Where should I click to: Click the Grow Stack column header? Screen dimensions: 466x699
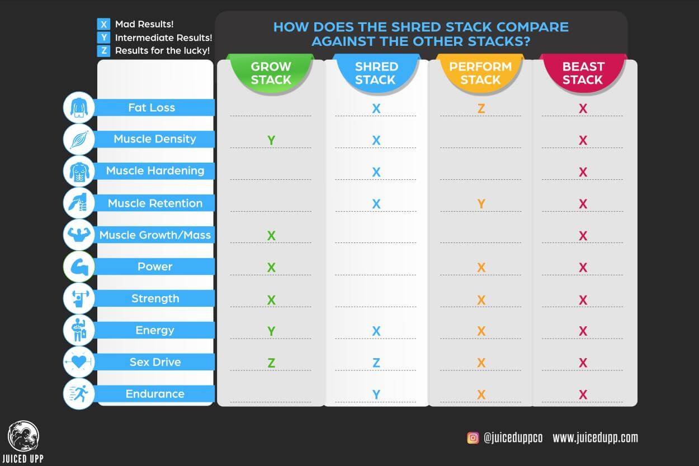(271, 73)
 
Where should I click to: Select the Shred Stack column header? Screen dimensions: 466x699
(375, 73)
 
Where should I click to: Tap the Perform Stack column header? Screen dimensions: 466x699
(480, 73)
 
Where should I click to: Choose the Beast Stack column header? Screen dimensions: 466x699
(583, 73)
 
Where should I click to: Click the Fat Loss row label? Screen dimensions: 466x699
(152, 107)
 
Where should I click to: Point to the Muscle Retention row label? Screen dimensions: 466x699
(155, 203)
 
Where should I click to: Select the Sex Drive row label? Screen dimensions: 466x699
(155, 362)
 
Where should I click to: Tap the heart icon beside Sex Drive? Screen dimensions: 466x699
(79, 362)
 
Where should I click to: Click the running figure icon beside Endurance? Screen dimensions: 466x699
(79, 394)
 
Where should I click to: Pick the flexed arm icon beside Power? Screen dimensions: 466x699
(79, 267)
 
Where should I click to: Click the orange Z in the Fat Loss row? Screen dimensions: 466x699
(481, 108)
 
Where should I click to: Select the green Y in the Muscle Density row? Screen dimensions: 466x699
(271, 140)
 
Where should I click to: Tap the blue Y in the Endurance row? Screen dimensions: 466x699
(376, 395)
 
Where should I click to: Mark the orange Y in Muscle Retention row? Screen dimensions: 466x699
(481, 204)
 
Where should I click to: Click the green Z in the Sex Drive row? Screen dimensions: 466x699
(271, 363)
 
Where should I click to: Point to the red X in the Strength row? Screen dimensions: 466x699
(583, 299)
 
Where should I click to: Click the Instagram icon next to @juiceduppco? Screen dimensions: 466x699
(473, 438)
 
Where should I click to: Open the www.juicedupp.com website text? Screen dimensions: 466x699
(595, 438)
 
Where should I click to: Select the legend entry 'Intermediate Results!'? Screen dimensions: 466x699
(163, 38)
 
